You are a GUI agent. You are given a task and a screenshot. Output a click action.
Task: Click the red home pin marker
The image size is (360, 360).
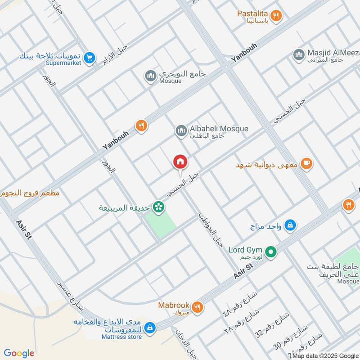click(180, 162)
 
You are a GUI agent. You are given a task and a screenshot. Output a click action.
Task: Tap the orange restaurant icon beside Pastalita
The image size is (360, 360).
click(278, 15)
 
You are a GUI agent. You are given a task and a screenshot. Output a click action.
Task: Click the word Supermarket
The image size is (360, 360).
click(63, 63)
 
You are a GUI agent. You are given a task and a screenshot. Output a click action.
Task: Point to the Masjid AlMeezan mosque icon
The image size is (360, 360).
click(298, 54)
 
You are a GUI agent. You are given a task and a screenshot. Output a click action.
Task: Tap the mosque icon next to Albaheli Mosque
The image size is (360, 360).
click(181, 130)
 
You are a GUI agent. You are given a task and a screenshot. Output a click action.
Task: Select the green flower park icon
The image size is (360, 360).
click(158, 207)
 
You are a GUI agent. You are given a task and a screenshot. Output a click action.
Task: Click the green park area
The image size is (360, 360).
click(161, 223)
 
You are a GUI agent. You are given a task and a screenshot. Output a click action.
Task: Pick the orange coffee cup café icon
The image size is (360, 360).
click(307, 164)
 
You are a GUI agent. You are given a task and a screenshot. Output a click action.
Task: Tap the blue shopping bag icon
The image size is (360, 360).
click(291, 225)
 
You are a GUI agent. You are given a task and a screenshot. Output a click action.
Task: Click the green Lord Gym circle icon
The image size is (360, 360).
click(270, 252)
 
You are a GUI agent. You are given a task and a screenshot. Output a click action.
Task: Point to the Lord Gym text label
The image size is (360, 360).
click(245, 250)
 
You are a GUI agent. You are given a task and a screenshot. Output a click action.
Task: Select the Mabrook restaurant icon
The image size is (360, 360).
click(197, 308)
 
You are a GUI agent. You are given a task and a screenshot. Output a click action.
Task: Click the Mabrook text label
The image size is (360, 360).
click(174, 305)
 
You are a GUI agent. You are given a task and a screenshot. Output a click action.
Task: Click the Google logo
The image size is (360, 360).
click(19, 353)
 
